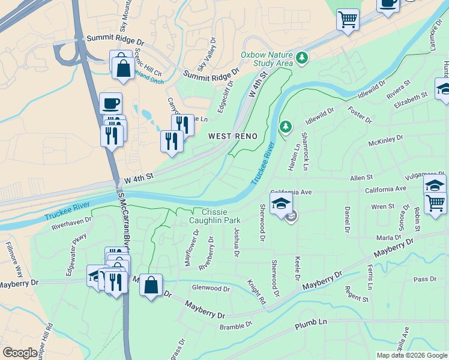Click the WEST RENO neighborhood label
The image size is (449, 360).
pyautogui.click(x=233, y=136)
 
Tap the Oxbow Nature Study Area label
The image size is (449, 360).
pyautogui.click(x=267, y=58)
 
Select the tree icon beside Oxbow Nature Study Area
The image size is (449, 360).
pyautogui.click(x=303, y=58)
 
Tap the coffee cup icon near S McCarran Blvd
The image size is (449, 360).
pyautogui.click(x=110, y=103)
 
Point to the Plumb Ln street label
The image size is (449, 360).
pyautogui.click(x=311, y=324)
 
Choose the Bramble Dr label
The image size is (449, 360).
pyautogui.click(x=236, y=326)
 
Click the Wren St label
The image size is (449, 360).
pyautogui.click(x=382, y=206)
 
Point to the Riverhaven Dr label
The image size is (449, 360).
pyautogui.click(x=71, y=223)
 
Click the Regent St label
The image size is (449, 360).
pyautogui.click(x=357, y=294)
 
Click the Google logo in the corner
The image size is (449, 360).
pyautogui.click(x=20, y=353)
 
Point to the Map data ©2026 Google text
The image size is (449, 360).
pyautogui.click(x=412, y=355)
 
